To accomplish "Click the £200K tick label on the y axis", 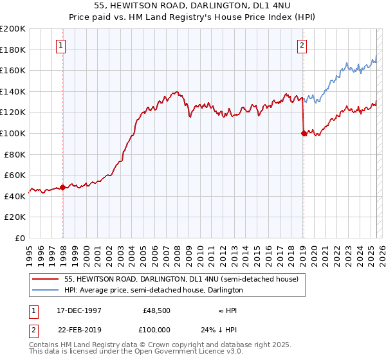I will point(13,29).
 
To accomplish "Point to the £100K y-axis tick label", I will point(13,133).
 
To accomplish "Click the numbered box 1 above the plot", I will point(60,45).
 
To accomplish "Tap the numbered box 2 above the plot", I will point(302,45).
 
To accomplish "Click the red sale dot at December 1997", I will point(63,188).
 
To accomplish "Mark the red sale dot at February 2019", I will point(303,134).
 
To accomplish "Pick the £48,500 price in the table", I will point(156,310).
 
